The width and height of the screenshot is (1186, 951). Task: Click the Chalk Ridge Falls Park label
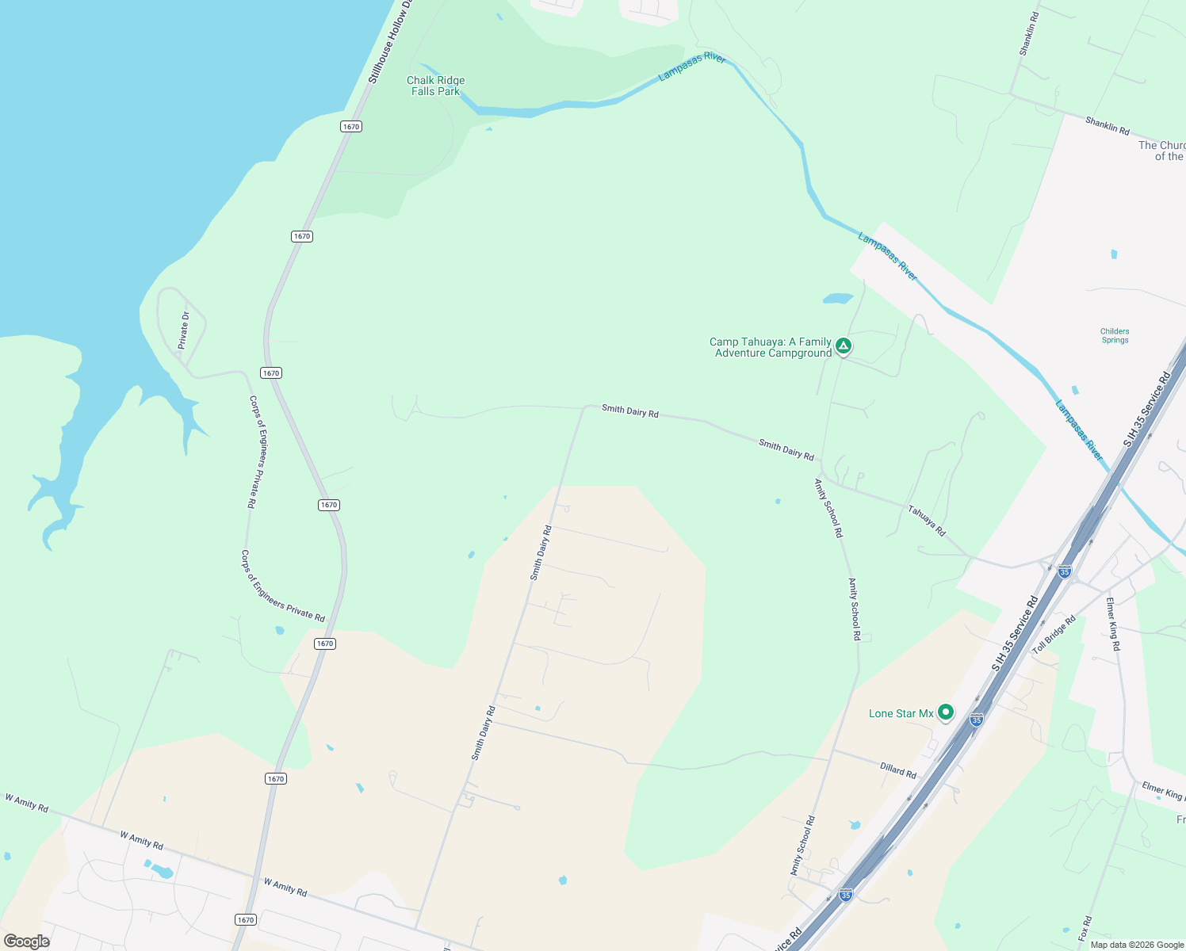(x=435, y=86)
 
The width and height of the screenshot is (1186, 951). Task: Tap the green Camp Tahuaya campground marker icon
(x=844, y=346)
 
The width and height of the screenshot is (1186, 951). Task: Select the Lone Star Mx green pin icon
(x=945, y=712)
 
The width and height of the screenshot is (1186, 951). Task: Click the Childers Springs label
(x=1115, y=336)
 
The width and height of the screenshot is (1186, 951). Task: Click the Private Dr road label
(x=184, y=330)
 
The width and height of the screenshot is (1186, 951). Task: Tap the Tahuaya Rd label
(x=927, y=521)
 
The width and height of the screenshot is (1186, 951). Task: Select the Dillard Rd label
(x=898, y=770)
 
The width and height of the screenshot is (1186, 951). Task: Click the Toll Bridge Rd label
(x=1054, y=635)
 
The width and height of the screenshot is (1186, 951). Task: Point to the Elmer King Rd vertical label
(x=1113, y=624)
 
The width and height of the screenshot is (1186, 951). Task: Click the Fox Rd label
(x=1085, y=928)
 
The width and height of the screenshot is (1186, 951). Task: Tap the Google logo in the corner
(x=27, y=941)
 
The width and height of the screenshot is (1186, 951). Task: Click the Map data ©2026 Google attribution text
(x=1137, y=945)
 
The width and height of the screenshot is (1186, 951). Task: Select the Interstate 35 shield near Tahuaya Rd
(x=1065, y=571)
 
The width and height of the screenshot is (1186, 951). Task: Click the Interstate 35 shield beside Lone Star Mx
(x=977, y=720)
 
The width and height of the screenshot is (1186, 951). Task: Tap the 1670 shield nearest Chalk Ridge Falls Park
(x=351, y=127)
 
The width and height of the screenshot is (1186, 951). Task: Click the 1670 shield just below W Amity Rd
(x=246, y=919)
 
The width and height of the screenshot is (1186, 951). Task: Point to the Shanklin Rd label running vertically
(x=1028, y=33)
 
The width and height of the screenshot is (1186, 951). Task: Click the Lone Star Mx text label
(x=901, y=713)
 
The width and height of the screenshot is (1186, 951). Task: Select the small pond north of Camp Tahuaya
(x=837, y=299)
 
